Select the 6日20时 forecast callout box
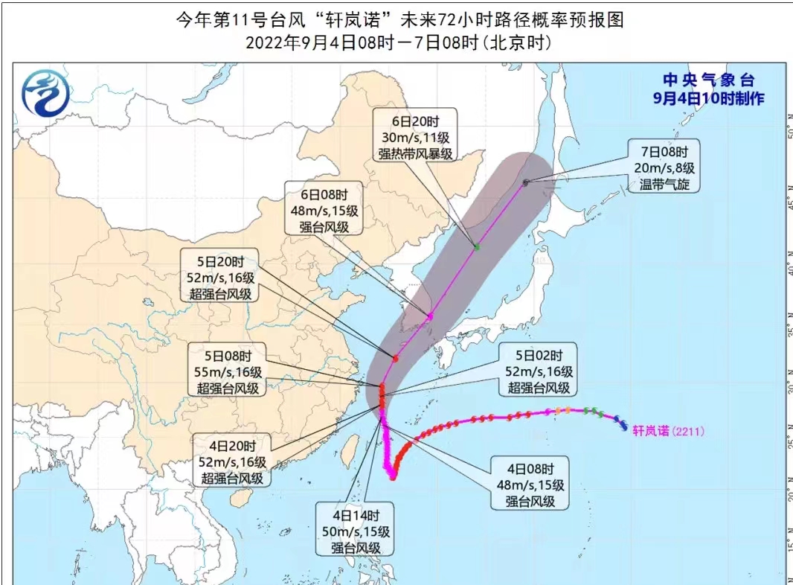coord(405,136)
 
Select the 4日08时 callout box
coord(529,485)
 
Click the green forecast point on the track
coord(477,246)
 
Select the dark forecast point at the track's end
coord(525,182)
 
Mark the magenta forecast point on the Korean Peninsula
coord(430,317)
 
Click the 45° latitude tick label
coord(787,202)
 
